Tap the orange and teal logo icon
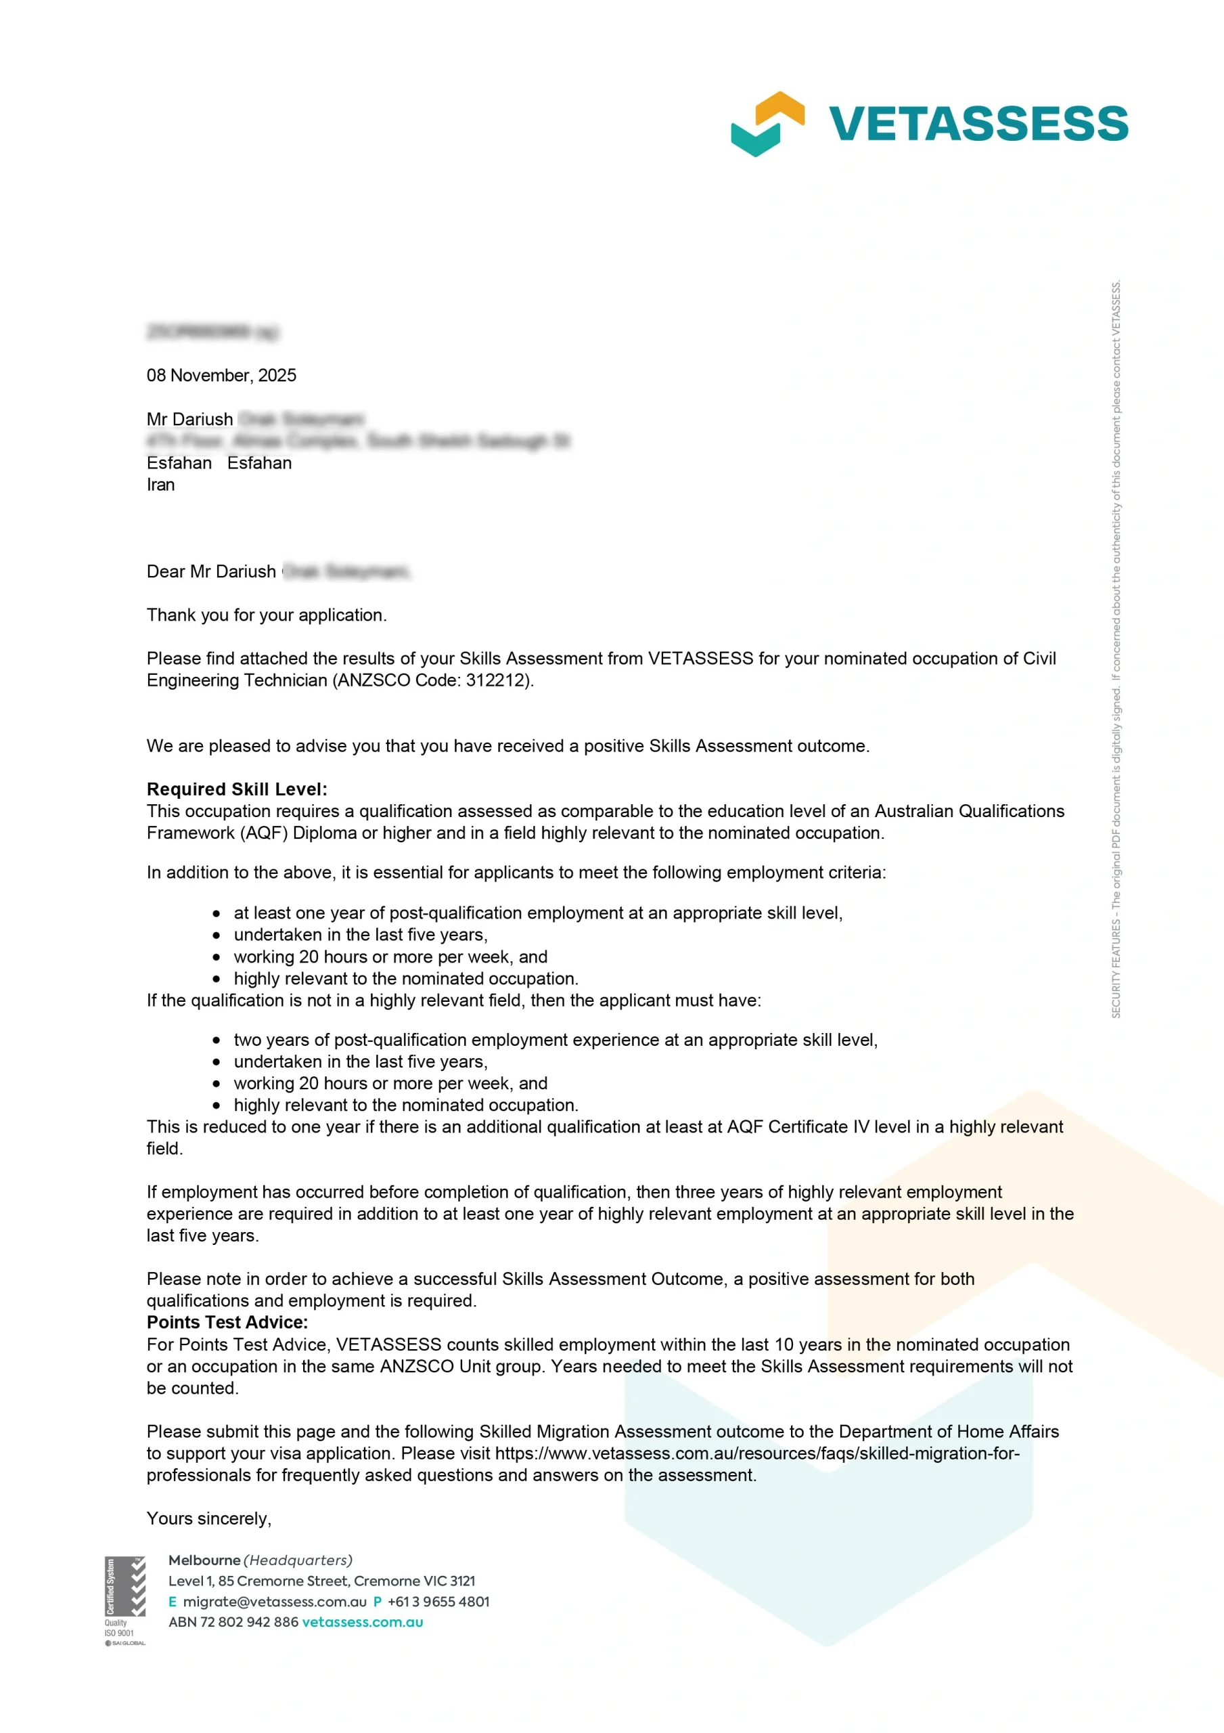click(x=767, y=124)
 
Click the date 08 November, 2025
click(x=221, y=376)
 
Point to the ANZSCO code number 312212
click(x=496, y=681)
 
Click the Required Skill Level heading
click(x=237, y=789)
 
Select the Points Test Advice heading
click(x=227, y=1322)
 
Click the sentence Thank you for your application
click(x=267, y=616)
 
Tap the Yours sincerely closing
click(x=209, y=1518)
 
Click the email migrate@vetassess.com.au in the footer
click(x=275, y=1602)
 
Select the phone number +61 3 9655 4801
click(x=438, y=1602)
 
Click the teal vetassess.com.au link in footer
click(x=362, y=1622)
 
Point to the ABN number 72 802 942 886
click(x=249, y=1622)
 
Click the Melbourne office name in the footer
click(x=204, y=1560)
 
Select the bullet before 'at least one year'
click(x=217, y=914)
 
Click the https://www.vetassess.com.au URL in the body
click(x=757, y=1453)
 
